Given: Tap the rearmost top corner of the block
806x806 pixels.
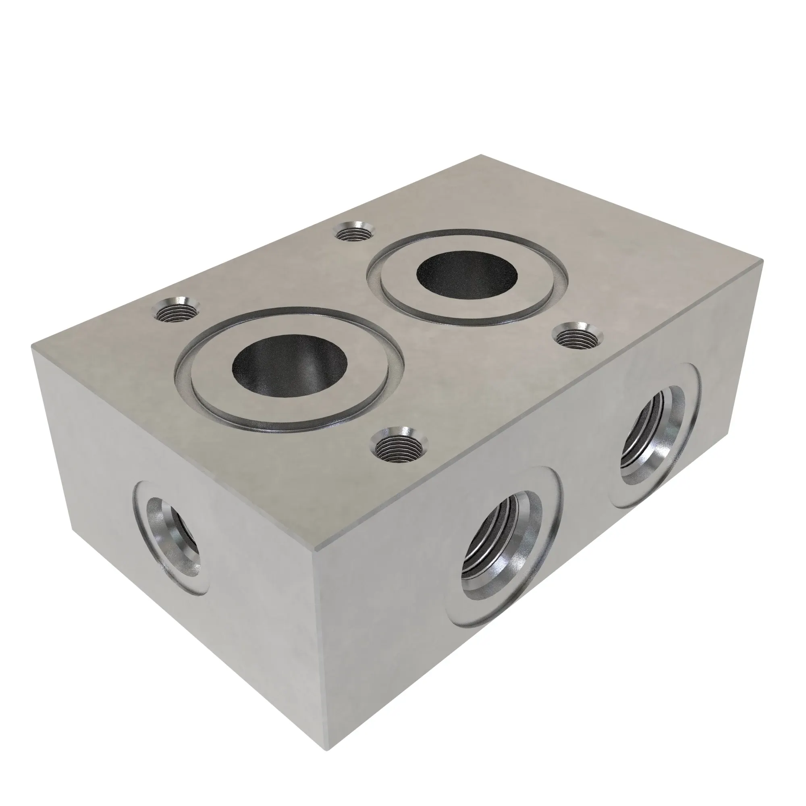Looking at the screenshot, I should pos(481,155).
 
